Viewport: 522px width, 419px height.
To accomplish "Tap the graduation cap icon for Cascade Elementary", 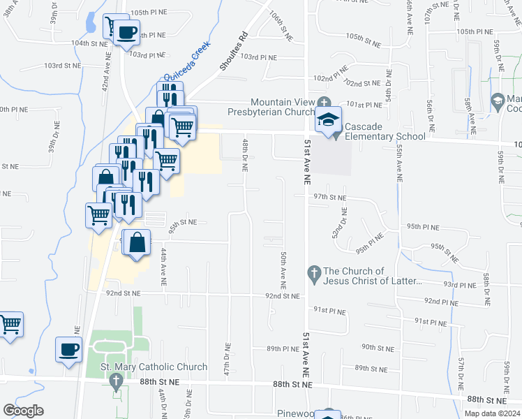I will click(329, 119).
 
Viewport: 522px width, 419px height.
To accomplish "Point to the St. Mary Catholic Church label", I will click(154, 367).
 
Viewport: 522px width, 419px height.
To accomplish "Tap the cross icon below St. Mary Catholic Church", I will click(116, 381).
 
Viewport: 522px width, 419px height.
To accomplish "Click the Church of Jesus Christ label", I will click(373, 276).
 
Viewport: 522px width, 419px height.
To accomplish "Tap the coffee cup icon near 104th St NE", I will click(126, 31).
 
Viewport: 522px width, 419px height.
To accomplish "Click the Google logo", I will click(23, 410).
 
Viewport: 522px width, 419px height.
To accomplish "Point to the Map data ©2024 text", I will click(491, 413).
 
